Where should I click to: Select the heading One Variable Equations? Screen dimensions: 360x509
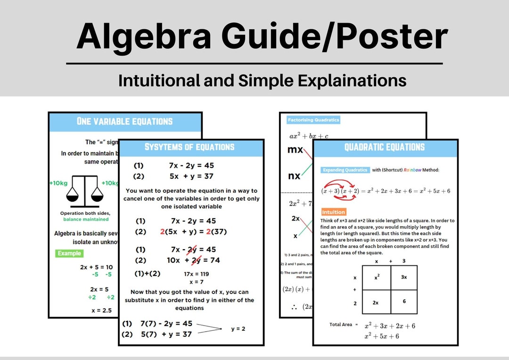pyautogui.click(x=124, y=121)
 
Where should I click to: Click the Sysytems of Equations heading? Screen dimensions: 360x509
pyautogui.click(x=189, y=147)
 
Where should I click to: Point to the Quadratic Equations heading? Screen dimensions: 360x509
pyautogui.click(x=385, y=147)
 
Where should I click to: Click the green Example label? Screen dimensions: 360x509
pyautogui.click(x=69, y=253)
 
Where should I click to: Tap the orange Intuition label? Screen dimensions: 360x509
pyautogui.click(x=333, y=212)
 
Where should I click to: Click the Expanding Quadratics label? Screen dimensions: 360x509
pyautogui.click(x=345, y=170)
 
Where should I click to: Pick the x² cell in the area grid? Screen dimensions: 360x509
pyautogui.click(x=377, y=278)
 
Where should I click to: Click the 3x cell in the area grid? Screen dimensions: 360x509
pyautogui.click(x=404, y=278)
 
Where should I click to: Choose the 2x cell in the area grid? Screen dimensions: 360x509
pyautogui.click(x=376, y=303)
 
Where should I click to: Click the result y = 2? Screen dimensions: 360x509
pyautogui.click(x=238, y=328)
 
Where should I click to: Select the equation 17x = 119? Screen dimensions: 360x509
pyautogui.click(x=197, y=274)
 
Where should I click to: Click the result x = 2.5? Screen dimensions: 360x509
pyautogui.click(x=102, y=311)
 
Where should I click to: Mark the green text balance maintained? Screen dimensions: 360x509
pyautogui.click(x=86, y=219)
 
